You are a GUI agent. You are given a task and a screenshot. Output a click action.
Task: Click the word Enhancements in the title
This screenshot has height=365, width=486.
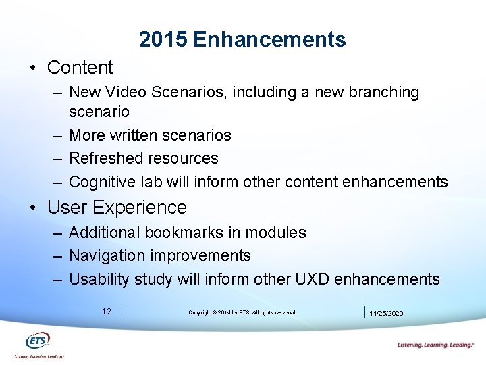269,40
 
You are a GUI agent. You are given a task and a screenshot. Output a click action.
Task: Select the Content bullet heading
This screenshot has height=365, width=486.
80,68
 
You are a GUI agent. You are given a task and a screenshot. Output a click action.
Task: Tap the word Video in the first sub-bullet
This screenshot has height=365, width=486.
127,92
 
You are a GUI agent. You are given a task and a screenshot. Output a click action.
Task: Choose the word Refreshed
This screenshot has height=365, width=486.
103,158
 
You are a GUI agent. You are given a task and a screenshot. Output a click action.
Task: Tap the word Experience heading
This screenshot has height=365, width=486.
140,208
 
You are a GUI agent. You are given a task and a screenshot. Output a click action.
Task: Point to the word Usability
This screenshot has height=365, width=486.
99,279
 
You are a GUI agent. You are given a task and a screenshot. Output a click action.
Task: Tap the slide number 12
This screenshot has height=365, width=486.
107,312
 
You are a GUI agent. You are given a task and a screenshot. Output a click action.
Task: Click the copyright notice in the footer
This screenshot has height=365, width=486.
242,312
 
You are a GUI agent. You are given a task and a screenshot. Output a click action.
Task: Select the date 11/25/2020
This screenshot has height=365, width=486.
386,313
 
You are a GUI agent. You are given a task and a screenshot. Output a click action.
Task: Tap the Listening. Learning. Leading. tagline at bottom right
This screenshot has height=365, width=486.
435,345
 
